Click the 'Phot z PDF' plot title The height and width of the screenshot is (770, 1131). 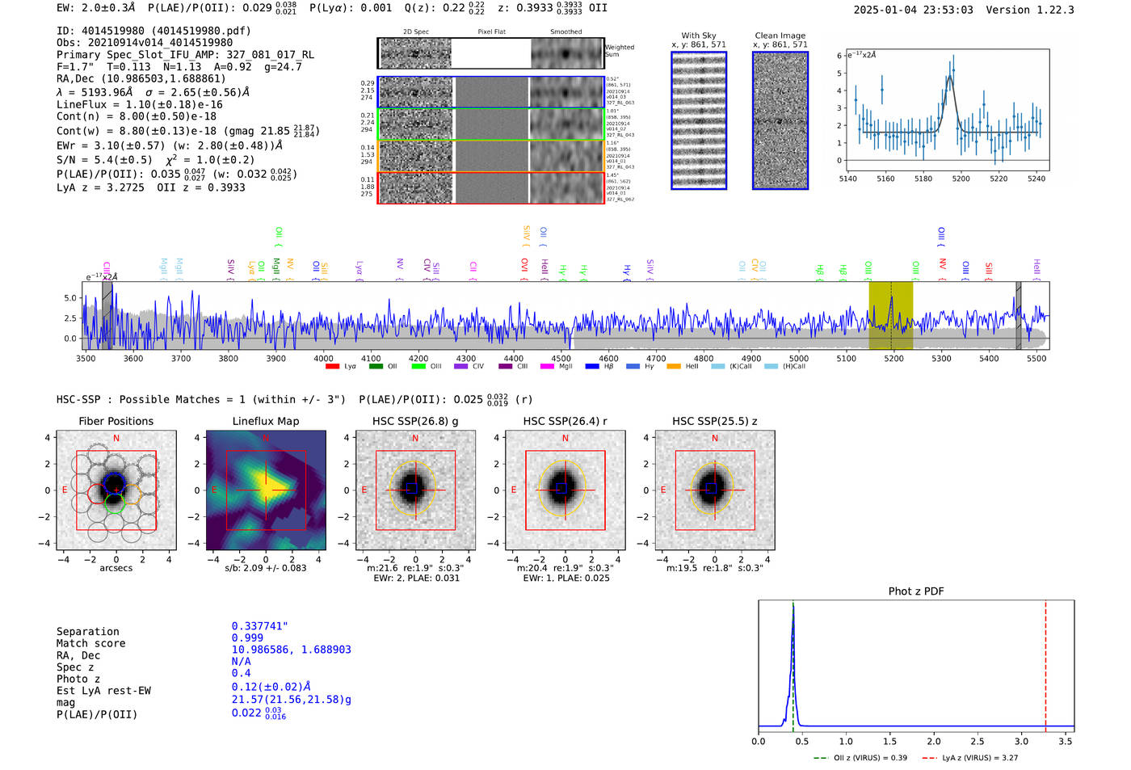[x=916, y=591]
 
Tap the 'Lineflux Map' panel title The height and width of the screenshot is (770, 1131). [x=265, y=421]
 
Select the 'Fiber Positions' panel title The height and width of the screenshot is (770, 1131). [x=116, y=421]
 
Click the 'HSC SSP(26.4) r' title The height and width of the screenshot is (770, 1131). [x=565, y=421]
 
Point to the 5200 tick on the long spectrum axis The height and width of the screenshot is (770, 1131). [x=893, y=358]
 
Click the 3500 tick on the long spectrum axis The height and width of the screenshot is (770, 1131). [x=86, y=358]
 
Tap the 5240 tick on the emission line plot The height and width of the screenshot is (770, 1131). [x=1036, y=179]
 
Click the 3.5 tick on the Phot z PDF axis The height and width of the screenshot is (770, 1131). [x=1066, y=741]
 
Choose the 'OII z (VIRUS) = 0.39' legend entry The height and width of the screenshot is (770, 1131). [x=870, y=758]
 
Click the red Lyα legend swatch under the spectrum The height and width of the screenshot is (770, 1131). [x=332, y=367]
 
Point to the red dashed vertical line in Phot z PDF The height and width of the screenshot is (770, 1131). [x=1045, y=663]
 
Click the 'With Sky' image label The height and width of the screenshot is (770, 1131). [x=699, y=36]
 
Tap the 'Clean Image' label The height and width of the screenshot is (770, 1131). [x=780, y=36]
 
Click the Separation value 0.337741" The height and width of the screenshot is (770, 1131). [x=259, y=626]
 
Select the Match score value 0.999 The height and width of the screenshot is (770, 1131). [x=247, y=637]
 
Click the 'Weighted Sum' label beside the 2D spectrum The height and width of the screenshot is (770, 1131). [x=619, y=51]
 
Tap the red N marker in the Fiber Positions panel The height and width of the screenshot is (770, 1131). [x=116, y=439]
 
